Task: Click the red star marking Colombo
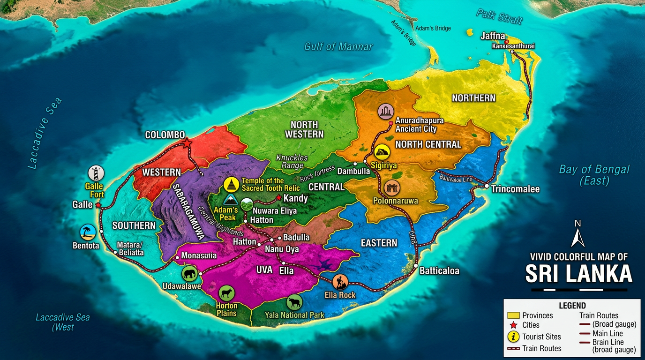pos(187,143)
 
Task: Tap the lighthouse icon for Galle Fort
pos(96,173)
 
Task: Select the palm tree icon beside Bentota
pos(88,232)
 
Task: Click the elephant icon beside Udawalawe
pos(189,274)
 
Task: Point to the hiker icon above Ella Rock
pos(340,282)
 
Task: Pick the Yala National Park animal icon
pos(294,302)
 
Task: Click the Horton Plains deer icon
pos(226,293)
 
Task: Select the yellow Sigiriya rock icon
pos(382,152)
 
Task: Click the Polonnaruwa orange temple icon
pos(391,188)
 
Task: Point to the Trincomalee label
pos(515,189)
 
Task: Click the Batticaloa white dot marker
pos(416,266)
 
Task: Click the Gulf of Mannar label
pos(338,46)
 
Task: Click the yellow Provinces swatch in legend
pos(514,315)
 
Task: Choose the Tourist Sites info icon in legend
pos(514,336)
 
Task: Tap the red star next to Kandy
pos(279,198)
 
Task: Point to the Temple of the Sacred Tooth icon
pos(231,185)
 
